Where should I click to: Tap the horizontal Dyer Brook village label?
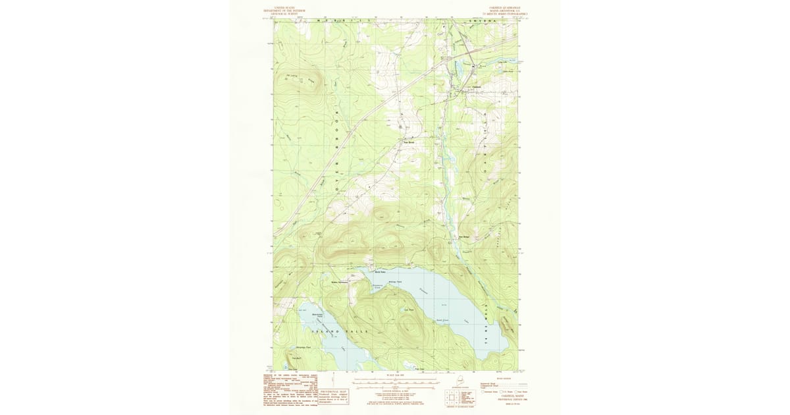409,142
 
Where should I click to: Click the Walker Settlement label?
338,282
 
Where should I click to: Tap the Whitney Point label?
396,281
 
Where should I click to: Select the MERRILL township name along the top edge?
342,22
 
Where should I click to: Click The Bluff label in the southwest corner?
297,358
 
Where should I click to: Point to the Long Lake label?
505,62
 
